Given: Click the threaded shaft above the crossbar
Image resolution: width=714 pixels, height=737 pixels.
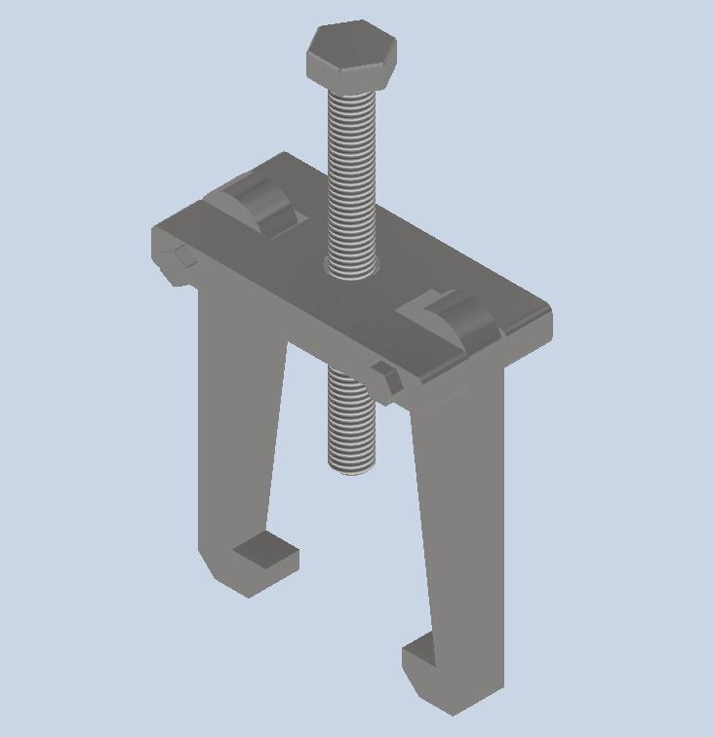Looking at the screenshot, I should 350,175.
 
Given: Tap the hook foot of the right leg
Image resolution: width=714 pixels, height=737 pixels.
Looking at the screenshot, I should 429,673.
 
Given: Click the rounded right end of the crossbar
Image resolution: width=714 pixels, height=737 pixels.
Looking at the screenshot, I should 542,327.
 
